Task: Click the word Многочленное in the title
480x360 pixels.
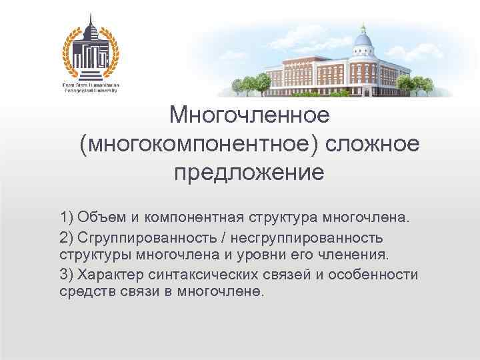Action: [249, 115]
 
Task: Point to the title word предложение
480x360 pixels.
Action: [249, 173]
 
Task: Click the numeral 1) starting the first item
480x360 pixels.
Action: [67, 218]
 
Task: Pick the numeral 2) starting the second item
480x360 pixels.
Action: [67, 237]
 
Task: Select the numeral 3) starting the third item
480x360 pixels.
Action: [67, 275]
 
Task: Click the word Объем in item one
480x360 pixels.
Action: [97, 218]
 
